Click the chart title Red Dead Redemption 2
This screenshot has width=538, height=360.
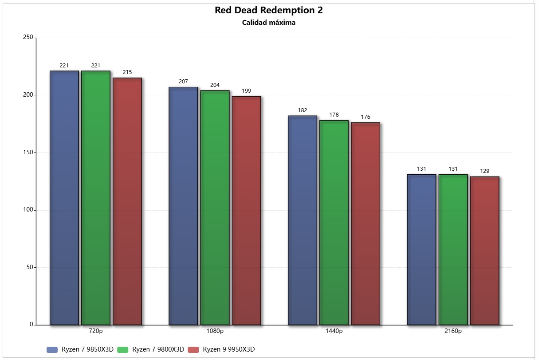269,10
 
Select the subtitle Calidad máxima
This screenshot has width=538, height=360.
269,23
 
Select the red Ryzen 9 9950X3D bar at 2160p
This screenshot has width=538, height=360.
484,250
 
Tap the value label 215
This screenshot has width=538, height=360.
127,72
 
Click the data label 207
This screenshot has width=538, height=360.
183,82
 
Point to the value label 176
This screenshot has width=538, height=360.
365,117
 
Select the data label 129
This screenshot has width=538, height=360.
484,171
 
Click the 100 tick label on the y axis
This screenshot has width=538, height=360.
28,210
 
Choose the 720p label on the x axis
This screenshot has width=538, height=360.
96,331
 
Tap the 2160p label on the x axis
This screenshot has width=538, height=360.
453,331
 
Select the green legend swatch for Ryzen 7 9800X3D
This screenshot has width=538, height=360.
123,350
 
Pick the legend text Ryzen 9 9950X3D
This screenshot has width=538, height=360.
229,349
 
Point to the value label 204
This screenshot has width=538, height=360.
215,85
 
